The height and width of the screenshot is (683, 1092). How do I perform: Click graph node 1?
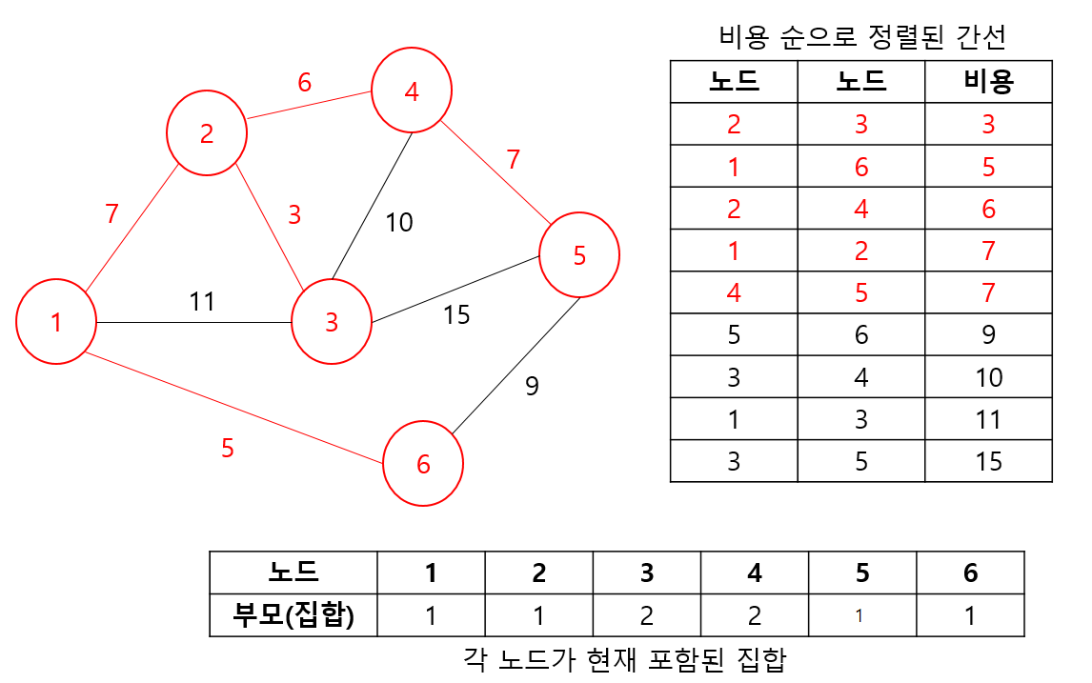click(x=56, y=322)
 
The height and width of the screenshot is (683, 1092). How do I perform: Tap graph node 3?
click(x=332, y=322)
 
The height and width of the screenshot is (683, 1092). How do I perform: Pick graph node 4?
click(x=412, y=91)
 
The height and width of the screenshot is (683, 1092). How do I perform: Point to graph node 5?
click(x=579, y=255)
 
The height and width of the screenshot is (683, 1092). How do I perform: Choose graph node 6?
click(x=424, y=464)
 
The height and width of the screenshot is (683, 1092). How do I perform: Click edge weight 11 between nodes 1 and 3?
click(x=202, y=302)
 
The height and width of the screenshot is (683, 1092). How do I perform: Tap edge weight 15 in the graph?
click(x=456, y=314)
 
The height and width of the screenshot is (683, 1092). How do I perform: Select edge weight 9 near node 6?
click(x=532, y=386)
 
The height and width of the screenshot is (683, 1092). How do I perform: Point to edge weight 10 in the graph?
click(x=399, y=223)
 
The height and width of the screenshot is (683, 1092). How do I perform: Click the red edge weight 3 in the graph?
click(x=294, y=215)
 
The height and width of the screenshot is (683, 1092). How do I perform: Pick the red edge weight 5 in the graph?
click(x=227, y=448)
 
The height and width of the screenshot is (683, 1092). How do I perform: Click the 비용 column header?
click(x=988, y=82)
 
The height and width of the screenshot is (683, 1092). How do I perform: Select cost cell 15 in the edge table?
click(x=988, y=461)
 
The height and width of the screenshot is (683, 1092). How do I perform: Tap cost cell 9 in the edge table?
click(x=988, y=334)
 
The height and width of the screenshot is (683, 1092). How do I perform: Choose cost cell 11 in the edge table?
click(x=988, y=419)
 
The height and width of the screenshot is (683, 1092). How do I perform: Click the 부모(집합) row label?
click(x=293, y=615)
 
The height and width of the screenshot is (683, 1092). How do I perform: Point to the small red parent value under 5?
click(x=859, y=616)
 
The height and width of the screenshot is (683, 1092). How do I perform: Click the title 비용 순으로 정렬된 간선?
click(x=862, y=37)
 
